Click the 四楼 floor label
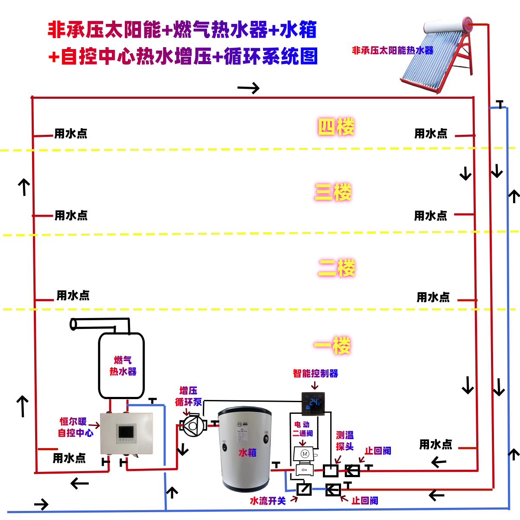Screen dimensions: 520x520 click(x=336, y=127)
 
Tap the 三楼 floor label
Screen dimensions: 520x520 click(x=333, y=192)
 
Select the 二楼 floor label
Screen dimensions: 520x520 click(x=336, y=268)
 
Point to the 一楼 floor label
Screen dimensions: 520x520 click(x=332, y=346)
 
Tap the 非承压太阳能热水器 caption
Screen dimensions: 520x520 click(x=392, y=50)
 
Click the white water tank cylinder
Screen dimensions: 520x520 click(x=244, y=448)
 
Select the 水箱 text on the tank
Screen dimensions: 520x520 click(x=247, y=453)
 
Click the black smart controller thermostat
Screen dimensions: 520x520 click(x=313, y=404)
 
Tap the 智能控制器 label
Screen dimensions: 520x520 click(x=315, y=373)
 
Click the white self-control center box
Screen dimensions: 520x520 click(x=127, y=433)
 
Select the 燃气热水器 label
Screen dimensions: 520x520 click(x=123, y=366)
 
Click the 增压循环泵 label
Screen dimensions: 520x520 click(x=188, y=396)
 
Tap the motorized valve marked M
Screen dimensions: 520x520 click(x=305, y=454)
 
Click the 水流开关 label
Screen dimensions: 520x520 click(x=268, y=501)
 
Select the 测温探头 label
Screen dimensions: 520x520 click(x=345, y=441)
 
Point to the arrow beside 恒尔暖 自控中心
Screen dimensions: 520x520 click(x=94, y=426)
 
